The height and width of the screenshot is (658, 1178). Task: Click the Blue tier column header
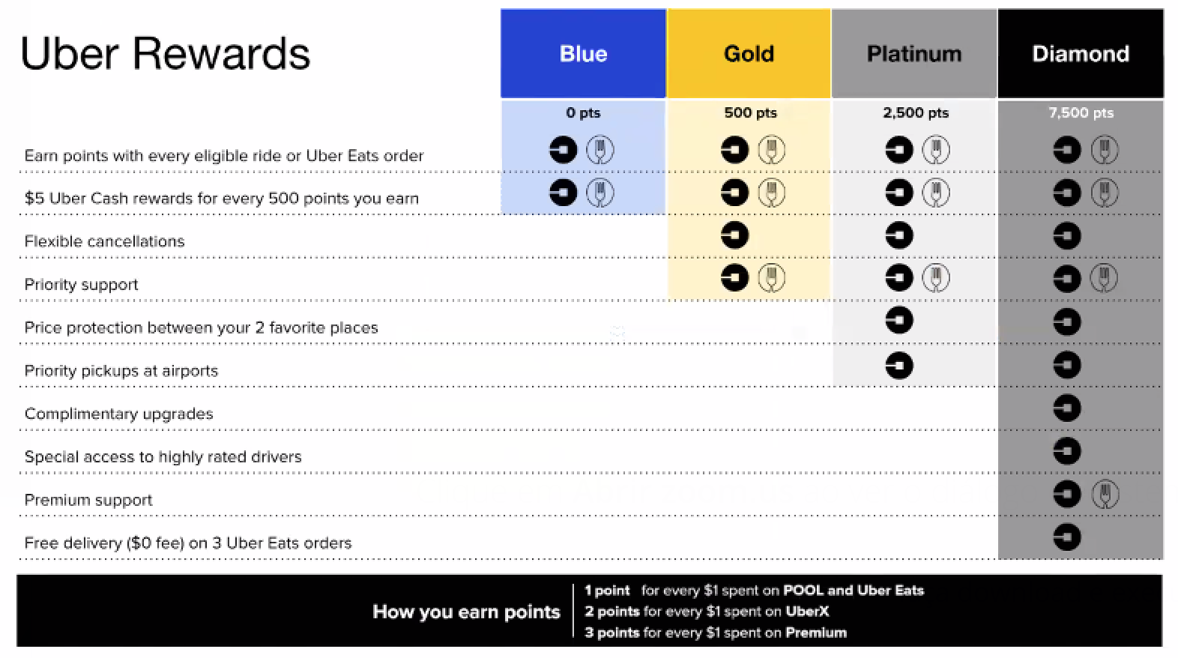(x=583, y=54)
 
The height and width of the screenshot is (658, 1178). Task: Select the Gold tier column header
(x=749, y=54)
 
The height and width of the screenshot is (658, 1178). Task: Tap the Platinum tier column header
(x=914, y=54)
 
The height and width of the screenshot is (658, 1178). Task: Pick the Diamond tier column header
(x=1081, y=54)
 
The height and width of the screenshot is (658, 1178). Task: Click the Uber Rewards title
(x=165, y=54)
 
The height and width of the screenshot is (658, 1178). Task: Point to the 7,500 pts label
(x=1081, y=112)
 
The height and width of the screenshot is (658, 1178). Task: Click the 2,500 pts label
(x=916, y=112)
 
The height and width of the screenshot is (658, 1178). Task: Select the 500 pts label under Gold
(x=750, y=112)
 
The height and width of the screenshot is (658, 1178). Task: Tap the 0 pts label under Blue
(x=583, y=112)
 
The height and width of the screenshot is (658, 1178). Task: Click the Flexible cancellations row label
(x=105, y=241)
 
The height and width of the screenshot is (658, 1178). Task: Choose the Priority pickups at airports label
(x=121, y=371)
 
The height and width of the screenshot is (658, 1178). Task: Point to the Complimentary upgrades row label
(x=119, y=414)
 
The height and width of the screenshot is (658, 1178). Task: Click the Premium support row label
(x=88, y=500)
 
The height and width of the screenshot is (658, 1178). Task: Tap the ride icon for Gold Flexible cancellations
(x=734, y=235)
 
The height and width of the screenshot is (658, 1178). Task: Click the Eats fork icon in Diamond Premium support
(x=1105, y=495)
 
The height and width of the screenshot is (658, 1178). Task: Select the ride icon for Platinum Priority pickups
(x=899, y=365)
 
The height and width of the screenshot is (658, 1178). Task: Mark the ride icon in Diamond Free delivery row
(x=1067, y=537)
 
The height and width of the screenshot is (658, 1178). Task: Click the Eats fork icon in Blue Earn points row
(x=600, y=150)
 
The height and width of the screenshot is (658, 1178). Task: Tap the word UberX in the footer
(x=807, y=612)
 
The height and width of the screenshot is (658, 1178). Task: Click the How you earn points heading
(x=466, y=612)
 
